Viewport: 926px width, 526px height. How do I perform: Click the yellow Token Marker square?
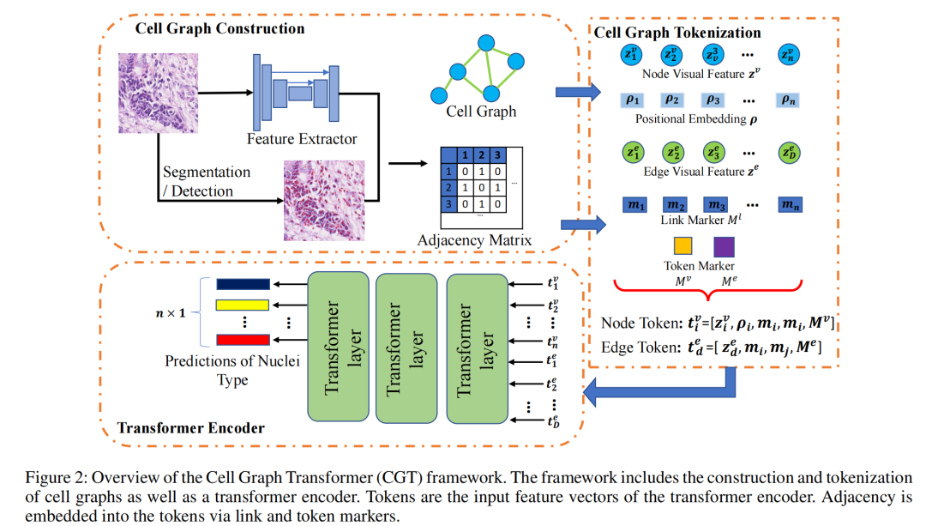click(x=682, y=246)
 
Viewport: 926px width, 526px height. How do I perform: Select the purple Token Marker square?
click(x=724, y=246)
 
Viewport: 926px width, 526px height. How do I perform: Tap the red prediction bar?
click(x=243, y=340)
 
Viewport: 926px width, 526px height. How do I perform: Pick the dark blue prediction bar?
click(x=243, y=284)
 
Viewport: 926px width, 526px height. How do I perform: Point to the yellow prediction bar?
click(x=243, y=305)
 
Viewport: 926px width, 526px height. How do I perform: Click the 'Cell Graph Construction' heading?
click(x=219, y=28)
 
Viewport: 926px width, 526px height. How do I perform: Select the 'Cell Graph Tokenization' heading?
click(x=677, y=33)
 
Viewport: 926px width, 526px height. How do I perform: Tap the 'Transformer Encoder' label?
click(x=190, y=428)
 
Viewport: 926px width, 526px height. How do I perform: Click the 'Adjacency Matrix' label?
click(x=474, y=240)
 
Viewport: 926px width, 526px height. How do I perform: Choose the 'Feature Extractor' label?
click(x=302, y=139)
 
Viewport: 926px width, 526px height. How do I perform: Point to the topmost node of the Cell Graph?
click(x=486, y=43)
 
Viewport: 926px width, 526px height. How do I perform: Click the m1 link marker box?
click(x=634, y=205)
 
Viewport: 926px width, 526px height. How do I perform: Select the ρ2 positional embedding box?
click(x=672, y=100)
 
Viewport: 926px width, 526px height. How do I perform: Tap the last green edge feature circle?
click(x=790, y=153)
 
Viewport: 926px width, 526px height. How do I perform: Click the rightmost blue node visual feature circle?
click(x=789, y=54)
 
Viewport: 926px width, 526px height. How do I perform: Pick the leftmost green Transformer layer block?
click(x=339, y=347)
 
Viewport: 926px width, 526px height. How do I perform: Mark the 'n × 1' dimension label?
click(x=170, y=312)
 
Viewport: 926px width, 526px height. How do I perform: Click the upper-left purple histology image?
click(x=159, y=94)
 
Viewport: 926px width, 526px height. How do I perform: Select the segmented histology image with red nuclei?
click(x=324, y=200)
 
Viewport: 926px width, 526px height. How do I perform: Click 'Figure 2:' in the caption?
click(x=56, y=478)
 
